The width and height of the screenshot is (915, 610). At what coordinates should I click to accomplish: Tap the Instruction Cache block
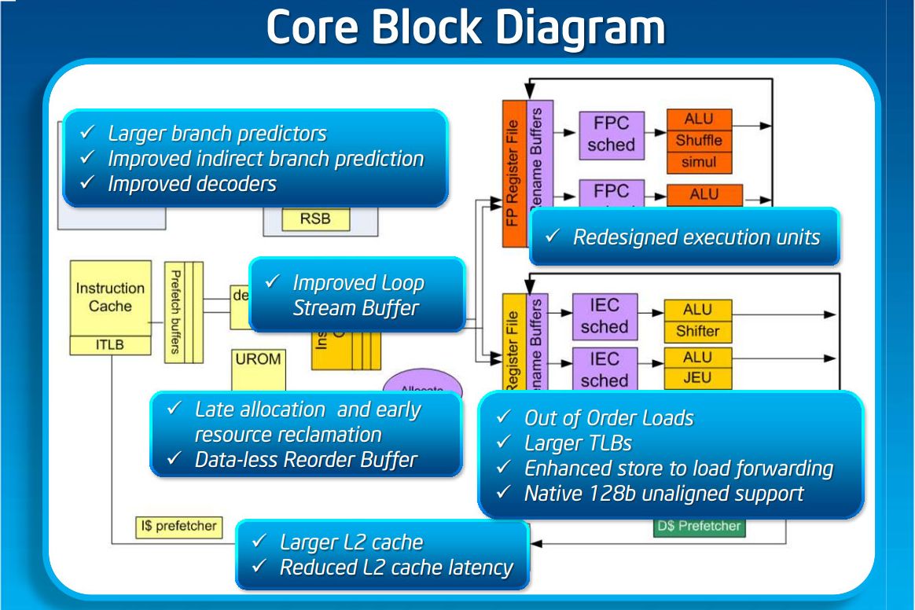coord(110,297)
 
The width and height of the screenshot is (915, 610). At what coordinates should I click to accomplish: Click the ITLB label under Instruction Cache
coord(110,344)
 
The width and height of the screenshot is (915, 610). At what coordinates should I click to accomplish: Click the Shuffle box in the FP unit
coord(698,141)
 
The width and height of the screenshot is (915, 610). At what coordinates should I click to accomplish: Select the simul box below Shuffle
coord(698,163)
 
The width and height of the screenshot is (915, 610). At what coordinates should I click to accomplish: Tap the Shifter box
coord(697,331)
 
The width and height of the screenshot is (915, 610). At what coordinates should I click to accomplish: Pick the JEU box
coord(697,377)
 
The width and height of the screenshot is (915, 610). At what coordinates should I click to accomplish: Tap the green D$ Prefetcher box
coord(698,526)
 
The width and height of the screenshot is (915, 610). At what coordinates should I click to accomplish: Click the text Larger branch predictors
coord(217,134)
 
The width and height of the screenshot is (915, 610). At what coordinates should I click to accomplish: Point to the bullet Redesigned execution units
coord(696,237)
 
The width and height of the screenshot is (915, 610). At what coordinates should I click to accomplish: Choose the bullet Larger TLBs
coord(578,443)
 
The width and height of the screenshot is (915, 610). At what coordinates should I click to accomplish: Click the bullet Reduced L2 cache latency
coord(396,567)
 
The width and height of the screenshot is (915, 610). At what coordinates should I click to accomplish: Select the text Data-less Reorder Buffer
coord(306,460)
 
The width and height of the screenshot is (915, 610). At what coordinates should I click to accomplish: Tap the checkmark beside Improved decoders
coord(88,184)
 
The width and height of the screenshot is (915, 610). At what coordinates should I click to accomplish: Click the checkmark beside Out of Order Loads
coord(505,417)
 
